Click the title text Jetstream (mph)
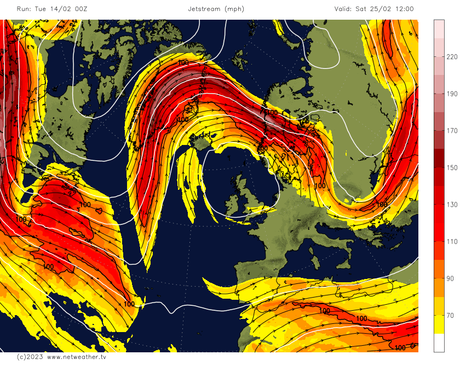tap(216, 9)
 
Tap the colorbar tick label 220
tap(452, 56)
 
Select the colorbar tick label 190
tap(452, 94)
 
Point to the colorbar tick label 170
tap(452, 131)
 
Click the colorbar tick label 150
tap(452, 167)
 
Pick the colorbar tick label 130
tap(452, 205)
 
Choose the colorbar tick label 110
tap(452, 242)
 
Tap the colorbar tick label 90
tap(450, 278)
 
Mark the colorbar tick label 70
tap(450, 316)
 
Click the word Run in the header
tap(23, 9)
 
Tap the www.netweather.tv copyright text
tap(76, 357)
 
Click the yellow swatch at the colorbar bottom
tap(439, 325)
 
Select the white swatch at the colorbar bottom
tap(439, 342)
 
